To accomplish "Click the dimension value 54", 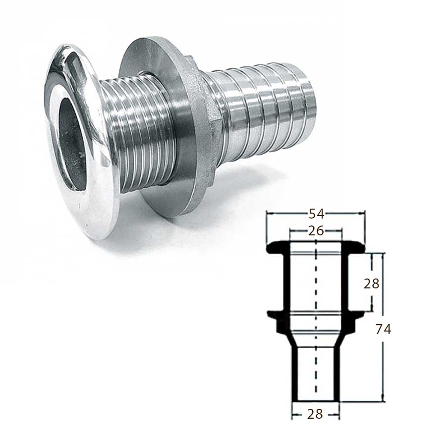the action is pyautogui.click(x=316, y=214).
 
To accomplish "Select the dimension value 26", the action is pyautogui.click(x=316, y=231).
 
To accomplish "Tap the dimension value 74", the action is pyautogui.click(x=384, y=330).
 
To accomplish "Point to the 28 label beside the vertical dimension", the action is pyautogui.click(x=372, y=284).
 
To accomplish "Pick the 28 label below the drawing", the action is pyautogui.click(x=315, y=414).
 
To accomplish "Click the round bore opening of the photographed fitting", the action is pyautogui.click(x=72, y=145).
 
